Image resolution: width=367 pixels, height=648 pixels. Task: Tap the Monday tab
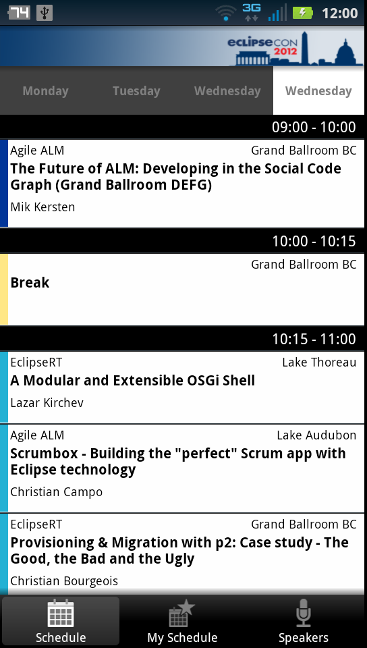[x=45, y=91]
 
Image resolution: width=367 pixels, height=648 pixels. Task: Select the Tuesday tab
[x=136, y=91]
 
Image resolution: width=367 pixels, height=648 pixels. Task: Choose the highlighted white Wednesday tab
[x=318, y=91]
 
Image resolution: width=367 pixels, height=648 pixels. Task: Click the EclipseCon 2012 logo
[x=295, y=48]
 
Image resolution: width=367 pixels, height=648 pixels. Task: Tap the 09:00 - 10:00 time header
[x=314, y=128]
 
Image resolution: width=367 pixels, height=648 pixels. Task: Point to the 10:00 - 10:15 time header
[x=314, y=241]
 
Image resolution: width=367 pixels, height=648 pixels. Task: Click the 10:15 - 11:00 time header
[x=314, y=339]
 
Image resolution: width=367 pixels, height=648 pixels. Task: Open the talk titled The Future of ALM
[x=175, y=176]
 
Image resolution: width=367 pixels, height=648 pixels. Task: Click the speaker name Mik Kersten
[x=43, y=207]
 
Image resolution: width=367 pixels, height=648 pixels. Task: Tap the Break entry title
[x=30, y=283]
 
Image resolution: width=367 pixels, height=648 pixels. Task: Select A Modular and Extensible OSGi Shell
[x=132, y=381]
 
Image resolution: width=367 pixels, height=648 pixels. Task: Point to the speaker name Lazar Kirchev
[x=47, y=403]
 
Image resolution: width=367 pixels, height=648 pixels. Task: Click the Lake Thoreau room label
[x=319, y=362]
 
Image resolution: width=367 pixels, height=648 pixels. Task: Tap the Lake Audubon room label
[x=316, y=435]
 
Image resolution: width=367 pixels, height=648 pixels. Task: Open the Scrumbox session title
[x=178, y=461]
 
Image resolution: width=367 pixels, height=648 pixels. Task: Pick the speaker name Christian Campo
[x=56, y=492]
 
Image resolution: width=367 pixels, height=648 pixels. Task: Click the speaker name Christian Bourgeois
[x=64, y=581]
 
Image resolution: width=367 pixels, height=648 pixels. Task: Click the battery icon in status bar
[x=303, y=13]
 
